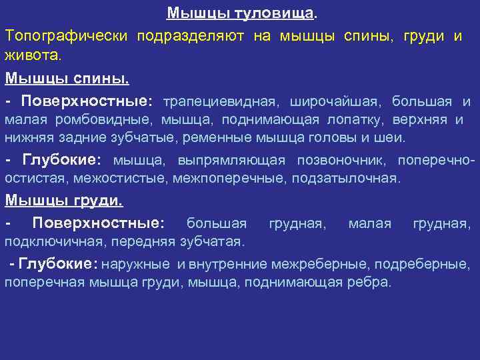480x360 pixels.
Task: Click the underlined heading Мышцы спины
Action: [x=67, y=77]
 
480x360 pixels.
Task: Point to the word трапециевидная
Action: [x=219, y=101]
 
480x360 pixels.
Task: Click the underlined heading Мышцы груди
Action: [x=64, y=201]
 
